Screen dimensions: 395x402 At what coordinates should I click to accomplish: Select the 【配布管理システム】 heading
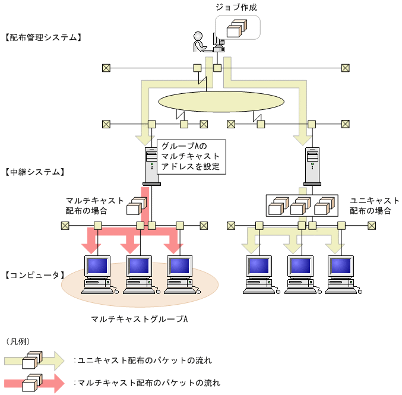[x=42, y=37]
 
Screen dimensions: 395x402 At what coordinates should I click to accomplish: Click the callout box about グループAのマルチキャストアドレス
[x=191, y=156]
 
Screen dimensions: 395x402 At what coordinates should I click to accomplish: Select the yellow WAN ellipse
[x=221, y=102]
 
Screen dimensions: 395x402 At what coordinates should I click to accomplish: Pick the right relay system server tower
[x=312, y=165]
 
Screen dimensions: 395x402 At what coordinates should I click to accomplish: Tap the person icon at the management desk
[x=199, y=42]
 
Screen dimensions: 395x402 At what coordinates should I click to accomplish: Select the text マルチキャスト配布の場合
[x=95, y=206]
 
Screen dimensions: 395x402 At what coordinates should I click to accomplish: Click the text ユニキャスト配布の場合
[x=374, y=206]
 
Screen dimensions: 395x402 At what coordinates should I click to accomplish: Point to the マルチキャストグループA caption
[x=140, y=319]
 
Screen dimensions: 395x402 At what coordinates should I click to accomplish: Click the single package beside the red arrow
[x=135, y=206]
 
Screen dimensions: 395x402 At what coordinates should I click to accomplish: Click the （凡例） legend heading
[x=18, y=342]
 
